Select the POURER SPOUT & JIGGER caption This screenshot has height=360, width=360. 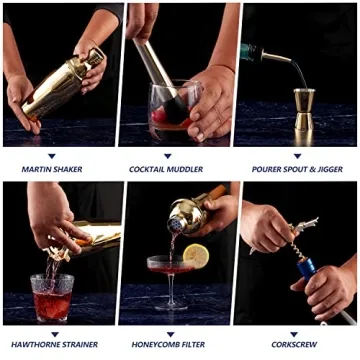(296, 169)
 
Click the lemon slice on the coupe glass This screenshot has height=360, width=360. (195, 256)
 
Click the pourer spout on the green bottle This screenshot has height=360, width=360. (278, 58)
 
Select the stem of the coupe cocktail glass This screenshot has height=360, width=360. (171, 290)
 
